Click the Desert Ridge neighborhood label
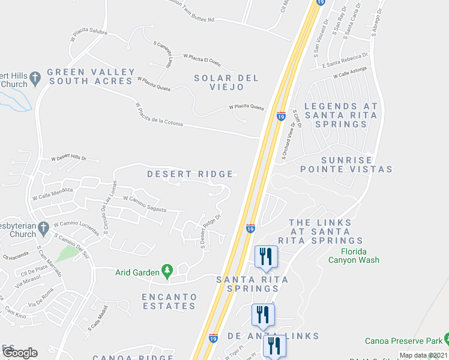pyautogui.click(x=190, y=174)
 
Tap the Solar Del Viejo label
pyautogui.click(x=226, y=83)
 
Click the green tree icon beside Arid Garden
pyautogui.click(x=167, y=272)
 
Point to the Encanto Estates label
pyautogui.click(x=169, y=301)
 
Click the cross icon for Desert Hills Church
pyautogui.click(x=35, y=77)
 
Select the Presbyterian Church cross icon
pyautogui.click(x=42, y=228)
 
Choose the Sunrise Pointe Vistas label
pyautogui.click(x=348, y=165)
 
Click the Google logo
pyautogui.click(x=20, y=353)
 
